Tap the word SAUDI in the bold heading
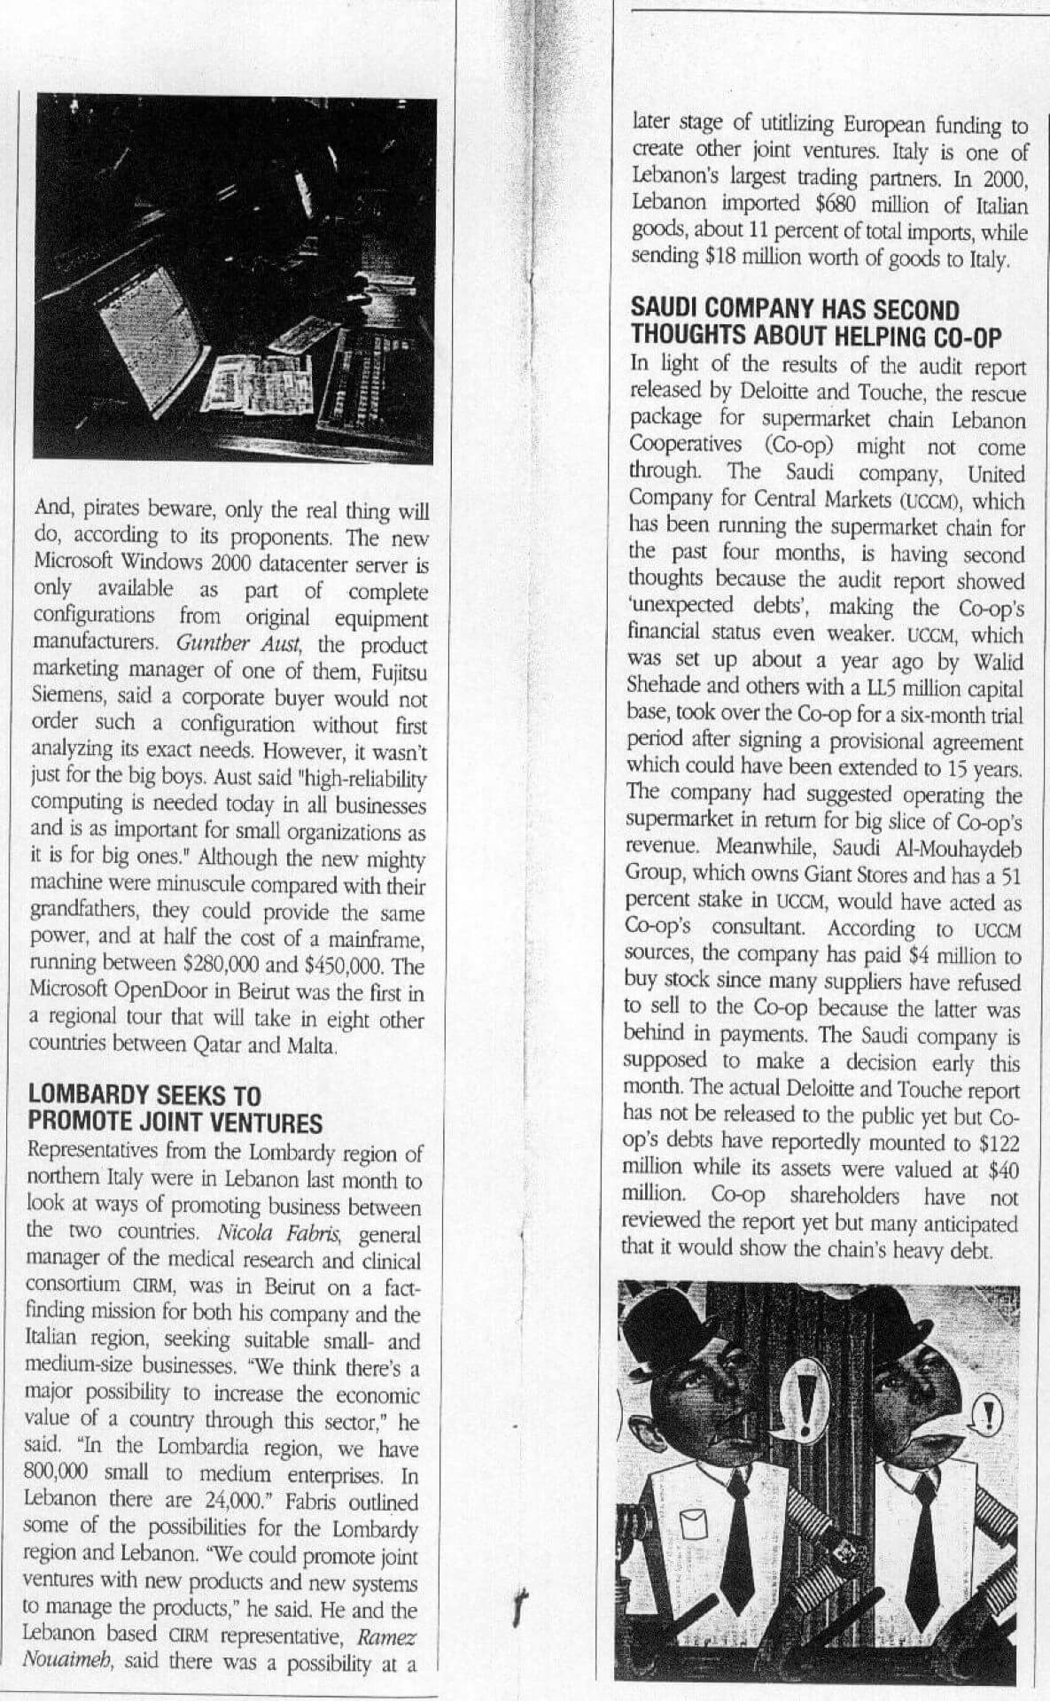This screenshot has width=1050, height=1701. (665, 310)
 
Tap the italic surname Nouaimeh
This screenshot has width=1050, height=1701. (68, 1661)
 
